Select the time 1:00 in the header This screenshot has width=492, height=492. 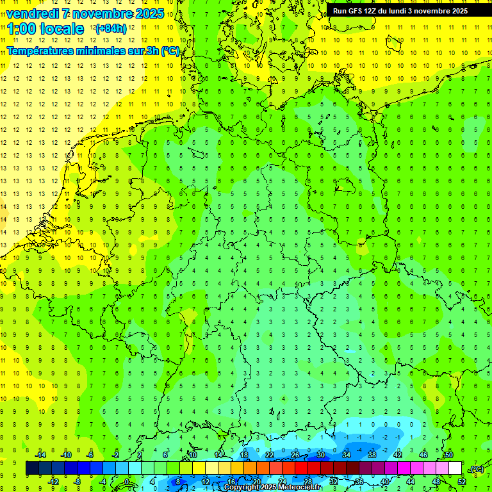click(x=21, y=29)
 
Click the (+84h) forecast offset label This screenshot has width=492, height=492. click(x=111, y=29)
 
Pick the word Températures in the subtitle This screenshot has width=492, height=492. click(x=40, y=51)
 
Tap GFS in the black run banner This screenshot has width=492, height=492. click(x=357, y=11)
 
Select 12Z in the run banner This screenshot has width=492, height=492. click(x=375, y=11)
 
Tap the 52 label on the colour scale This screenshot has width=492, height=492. click(x=462, y=481)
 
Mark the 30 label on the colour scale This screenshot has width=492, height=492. click(x=321, y=455)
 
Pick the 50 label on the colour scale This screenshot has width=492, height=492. click(x=448, y=455)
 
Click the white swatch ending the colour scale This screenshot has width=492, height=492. click(x=455, y=468)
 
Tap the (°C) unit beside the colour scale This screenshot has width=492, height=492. click(x=477, y=469)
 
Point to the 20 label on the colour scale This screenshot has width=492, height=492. click(x=257, y=481)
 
